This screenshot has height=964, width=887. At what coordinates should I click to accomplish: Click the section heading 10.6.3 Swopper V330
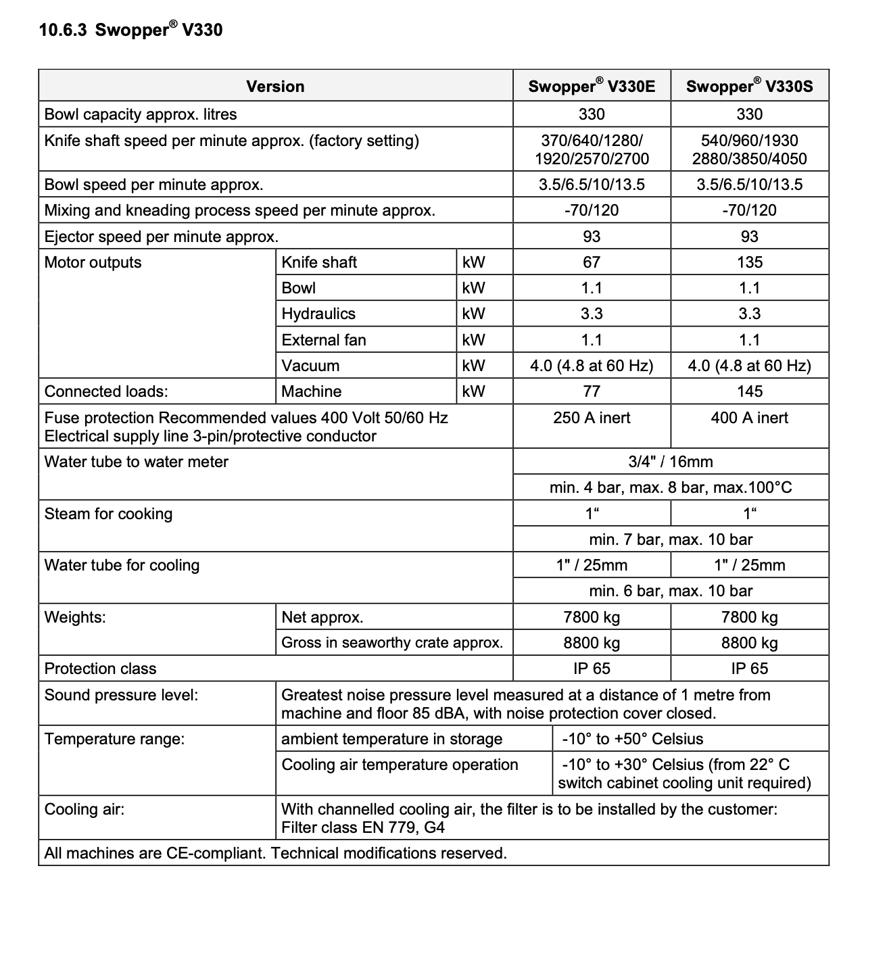[130, 30]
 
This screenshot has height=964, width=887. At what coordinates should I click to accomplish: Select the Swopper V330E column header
[592, 87]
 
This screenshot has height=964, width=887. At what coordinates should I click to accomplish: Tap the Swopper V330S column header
[749, 87]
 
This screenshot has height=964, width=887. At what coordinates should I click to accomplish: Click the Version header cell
[275, 87]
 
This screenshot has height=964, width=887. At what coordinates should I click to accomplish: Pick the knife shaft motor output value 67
[592, 262]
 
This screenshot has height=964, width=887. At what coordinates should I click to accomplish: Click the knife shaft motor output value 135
[750, 262]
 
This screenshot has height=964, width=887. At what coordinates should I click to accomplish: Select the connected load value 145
[750, 391]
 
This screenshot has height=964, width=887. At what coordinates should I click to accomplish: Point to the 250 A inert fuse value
[592, 418]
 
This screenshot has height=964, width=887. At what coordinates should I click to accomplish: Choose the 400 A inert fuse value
[749, 418]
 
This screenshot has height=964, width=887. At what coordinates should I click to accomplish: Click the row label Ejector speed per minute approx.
[162, 237]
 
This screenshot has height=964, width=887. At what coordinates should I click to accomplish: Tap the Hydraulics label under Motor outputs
[318, 314]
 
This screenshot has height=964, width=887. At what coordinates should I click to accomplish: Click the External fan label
[324, 339]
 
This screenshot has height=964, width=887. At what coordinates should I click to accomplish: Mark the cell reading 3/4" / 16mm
[671, 462]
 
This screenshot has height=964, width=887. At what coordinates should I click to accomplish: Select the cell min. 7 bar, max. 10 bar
[671, 539]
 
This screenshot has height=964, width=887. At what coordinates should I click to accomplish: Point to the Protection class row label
[100, 669]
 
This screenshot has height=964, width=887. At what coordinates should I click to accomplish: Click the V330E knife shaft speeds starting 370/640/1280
[592, 149]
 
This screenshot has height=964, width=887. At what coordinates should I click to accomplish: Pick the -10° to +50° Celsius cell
[633, 739]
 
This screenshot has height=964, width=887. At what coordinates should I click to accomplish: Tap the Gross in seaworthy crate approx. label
[392, 642]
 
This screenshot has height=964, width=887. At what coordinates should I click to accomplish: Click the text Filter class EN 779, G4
[363, 827]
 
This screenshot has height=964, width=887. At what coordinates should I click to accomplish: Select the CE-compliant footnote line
[275, 853]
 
